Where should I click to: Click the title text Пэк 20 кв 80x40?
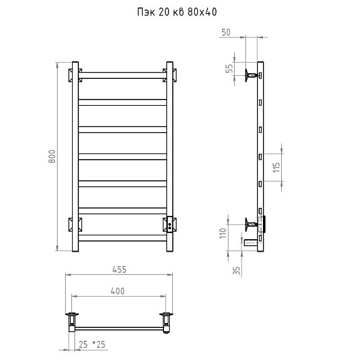pyautogui.click(x=177, y=12)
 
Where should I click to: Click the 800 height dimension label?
pyautogui.click(x=52, y=157)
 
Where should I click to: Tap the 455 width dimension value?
pyautogui.click(x=120, y=270)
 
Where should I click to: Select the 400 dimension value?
pyautogui.click(x=118, y=291)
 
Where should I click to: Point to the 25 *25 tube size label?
pyautogui.click(x=92, y=344)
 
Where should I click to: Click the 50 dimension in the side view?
pyautogui.click(x=226, y=33)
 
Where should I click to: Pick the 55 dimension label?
pyautogui.click(x=229, y=68)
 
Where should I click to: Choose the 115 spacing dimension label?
pyautogui.click(x=277, y=167)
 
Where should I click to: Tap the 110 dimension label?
pyautogui.click(x=223, y=234)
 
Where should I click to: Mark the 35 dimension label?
pyautogui.click(x=237, y=270)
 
